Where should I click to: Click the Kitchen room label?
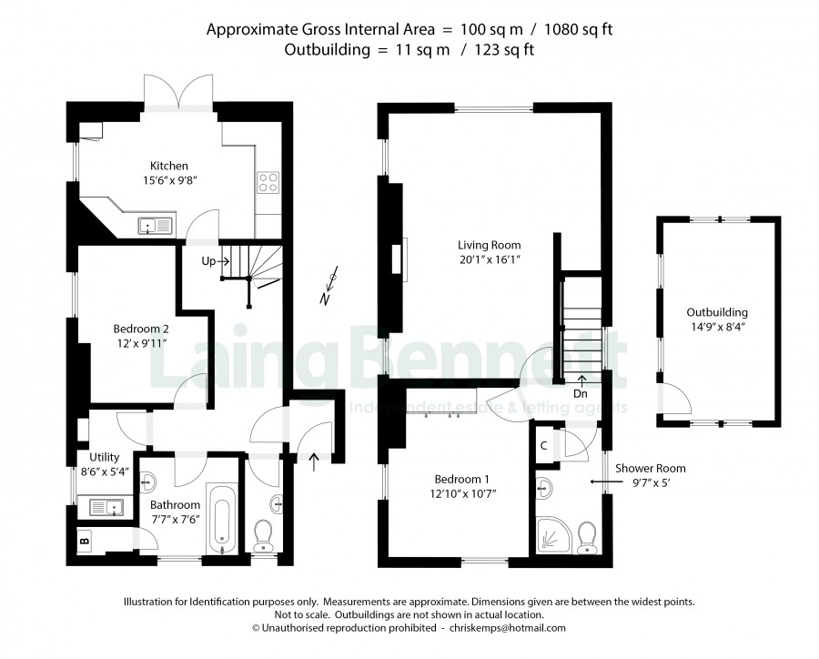pos(168,166)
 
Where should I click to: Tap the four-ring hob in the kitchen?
pos(268,183)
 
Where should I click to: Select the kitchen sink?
pos(155,226)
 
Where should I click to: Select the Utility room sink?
pos(106,507)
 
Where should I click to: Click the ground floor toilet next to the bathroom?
pos(262,536)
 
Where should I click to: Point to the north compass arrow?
pos(329,285)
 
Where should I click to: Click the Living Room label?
pos(489,245)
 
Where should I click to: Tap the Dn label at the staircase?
pos(581,393)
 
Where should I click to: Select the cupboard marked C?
pos(543,445)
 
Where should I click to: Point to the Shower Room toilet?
pos(588,537)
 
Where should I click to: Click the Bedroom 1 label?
pos(461,479)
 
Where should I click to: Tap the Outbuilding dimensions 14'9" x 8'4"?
pos(717,327)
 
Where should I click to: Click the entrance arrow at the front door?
pos(313,461)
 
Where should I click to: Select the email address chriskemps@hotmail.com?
pos(507,628)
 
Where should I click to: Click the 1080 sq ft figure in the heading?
pos(578,29)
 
